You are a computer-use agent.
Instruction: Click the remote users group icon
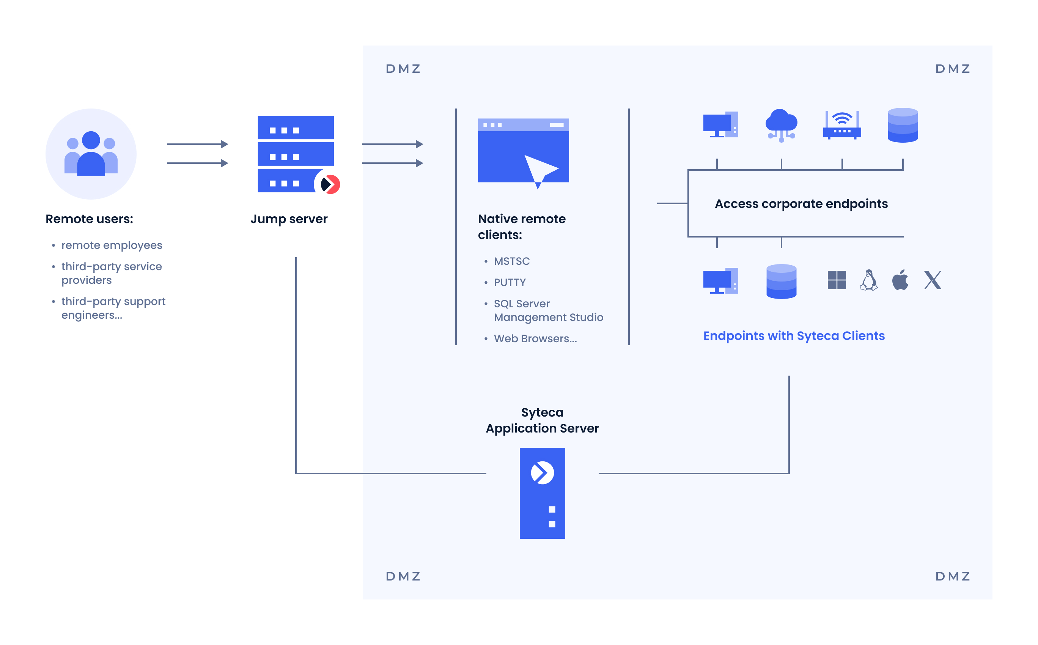91,154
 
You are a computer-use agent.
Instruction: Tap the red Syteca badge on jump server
329,184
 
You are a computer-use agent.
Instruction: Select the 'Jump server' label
289,219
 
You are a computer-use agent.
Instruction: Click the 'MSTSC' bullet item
511,261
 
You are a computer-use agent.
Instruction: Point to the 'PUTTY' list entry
509,282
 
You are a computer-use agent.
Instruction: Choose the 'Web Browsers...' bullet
535,339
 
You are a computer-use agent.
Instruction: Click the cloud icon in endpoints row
781,124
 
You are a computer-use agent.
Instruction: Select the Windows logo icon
836,280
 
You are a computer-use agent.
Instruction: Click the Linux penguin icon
868,280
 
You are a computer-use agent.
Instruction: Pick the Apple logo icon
900,280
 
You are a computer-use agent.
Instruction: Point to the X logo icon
932,280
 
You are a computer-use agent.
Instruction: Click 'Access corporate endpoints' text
801,204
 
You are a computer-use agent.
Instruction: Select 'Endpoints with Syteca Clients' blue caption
794,336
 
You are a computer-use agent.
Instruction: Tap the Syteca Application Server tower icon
542,493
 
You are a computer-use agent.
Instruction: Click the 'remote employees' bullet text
112,245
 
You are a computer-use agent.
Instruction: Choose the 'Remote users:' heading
89,219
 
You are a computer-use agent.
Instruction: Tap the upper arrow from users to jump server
197,144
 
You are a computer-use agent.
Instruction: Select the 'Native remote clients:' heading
522,227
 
